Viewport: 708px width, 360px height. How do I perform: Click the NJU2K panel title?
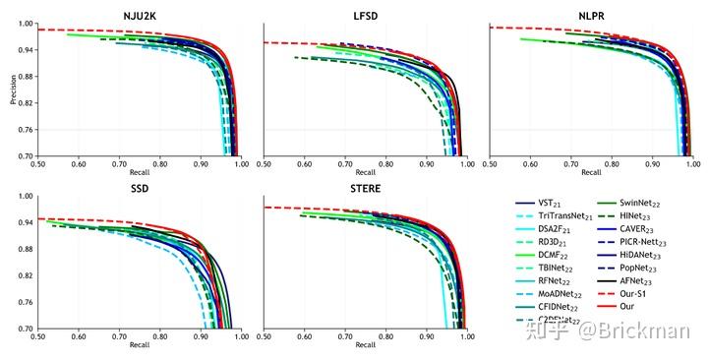[x=139, y=16]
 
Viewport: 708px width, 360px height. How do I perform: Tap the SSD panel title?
[x=139, y=188]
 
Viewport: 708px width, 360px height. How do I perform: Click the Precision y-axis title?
[x=12, y=90]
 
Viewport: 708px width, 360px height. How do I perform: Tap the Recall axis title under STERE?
[x=365, y=344]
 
